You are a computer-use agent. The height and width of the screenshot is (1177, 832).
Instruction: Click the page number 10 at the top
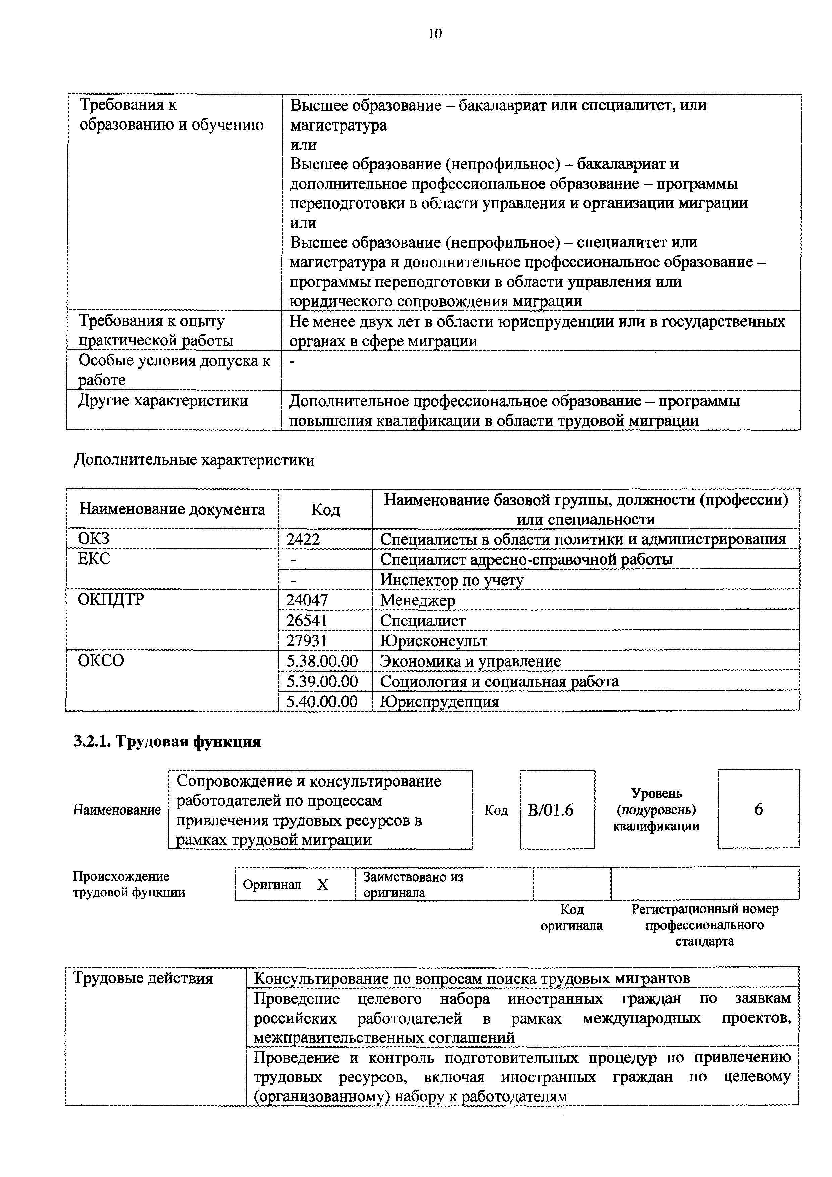[435, 34]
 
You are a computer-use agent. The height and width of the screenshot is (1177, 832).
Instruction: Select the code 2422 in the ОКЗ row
[303, 539]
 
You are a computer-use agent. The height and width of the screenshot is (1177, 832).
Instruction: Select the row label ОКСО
[101, 660]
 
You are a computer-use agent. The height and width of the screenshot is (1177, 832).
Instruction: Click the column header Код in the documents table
[325, 509]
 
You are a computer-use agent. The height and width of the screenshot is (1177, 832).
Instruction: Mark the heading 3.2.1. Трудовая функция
[167, 742]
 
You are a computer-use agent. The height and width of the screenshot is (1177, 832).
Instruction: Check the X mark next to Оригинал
[322, 885]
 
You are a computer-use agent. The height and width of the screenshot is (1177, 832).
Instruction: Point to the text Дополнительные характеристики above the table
[194, 460]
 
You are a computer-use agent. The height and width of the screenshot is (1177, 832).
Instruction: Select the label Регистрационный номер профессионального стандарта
[705, 925]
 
